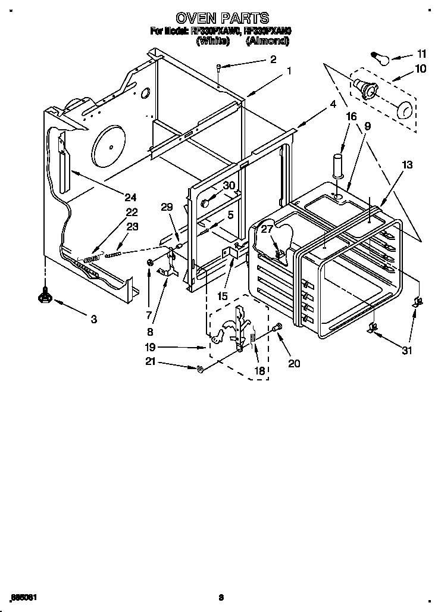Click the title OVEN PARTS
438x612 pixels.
click(x=222, y=18)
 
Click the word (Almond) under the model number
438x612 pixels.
click(x=267, y=41)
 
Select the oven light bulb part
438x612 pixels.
click(x=378, y=58)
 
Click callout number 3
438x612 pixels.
click(x=93, y=319)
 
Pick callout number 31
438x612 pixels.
click(x=406, y=351)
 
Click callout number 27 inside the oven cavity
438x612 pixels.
click(x=267, y=229)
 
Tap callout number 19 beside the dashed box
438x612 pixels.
click(x=149, y=347)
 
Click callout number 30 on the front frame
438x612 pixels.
click(x=229, y=185)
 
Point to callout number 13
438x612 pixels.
click(x=406, y=165)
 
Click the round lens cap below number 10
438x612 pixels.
click(x=403, y=111)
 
